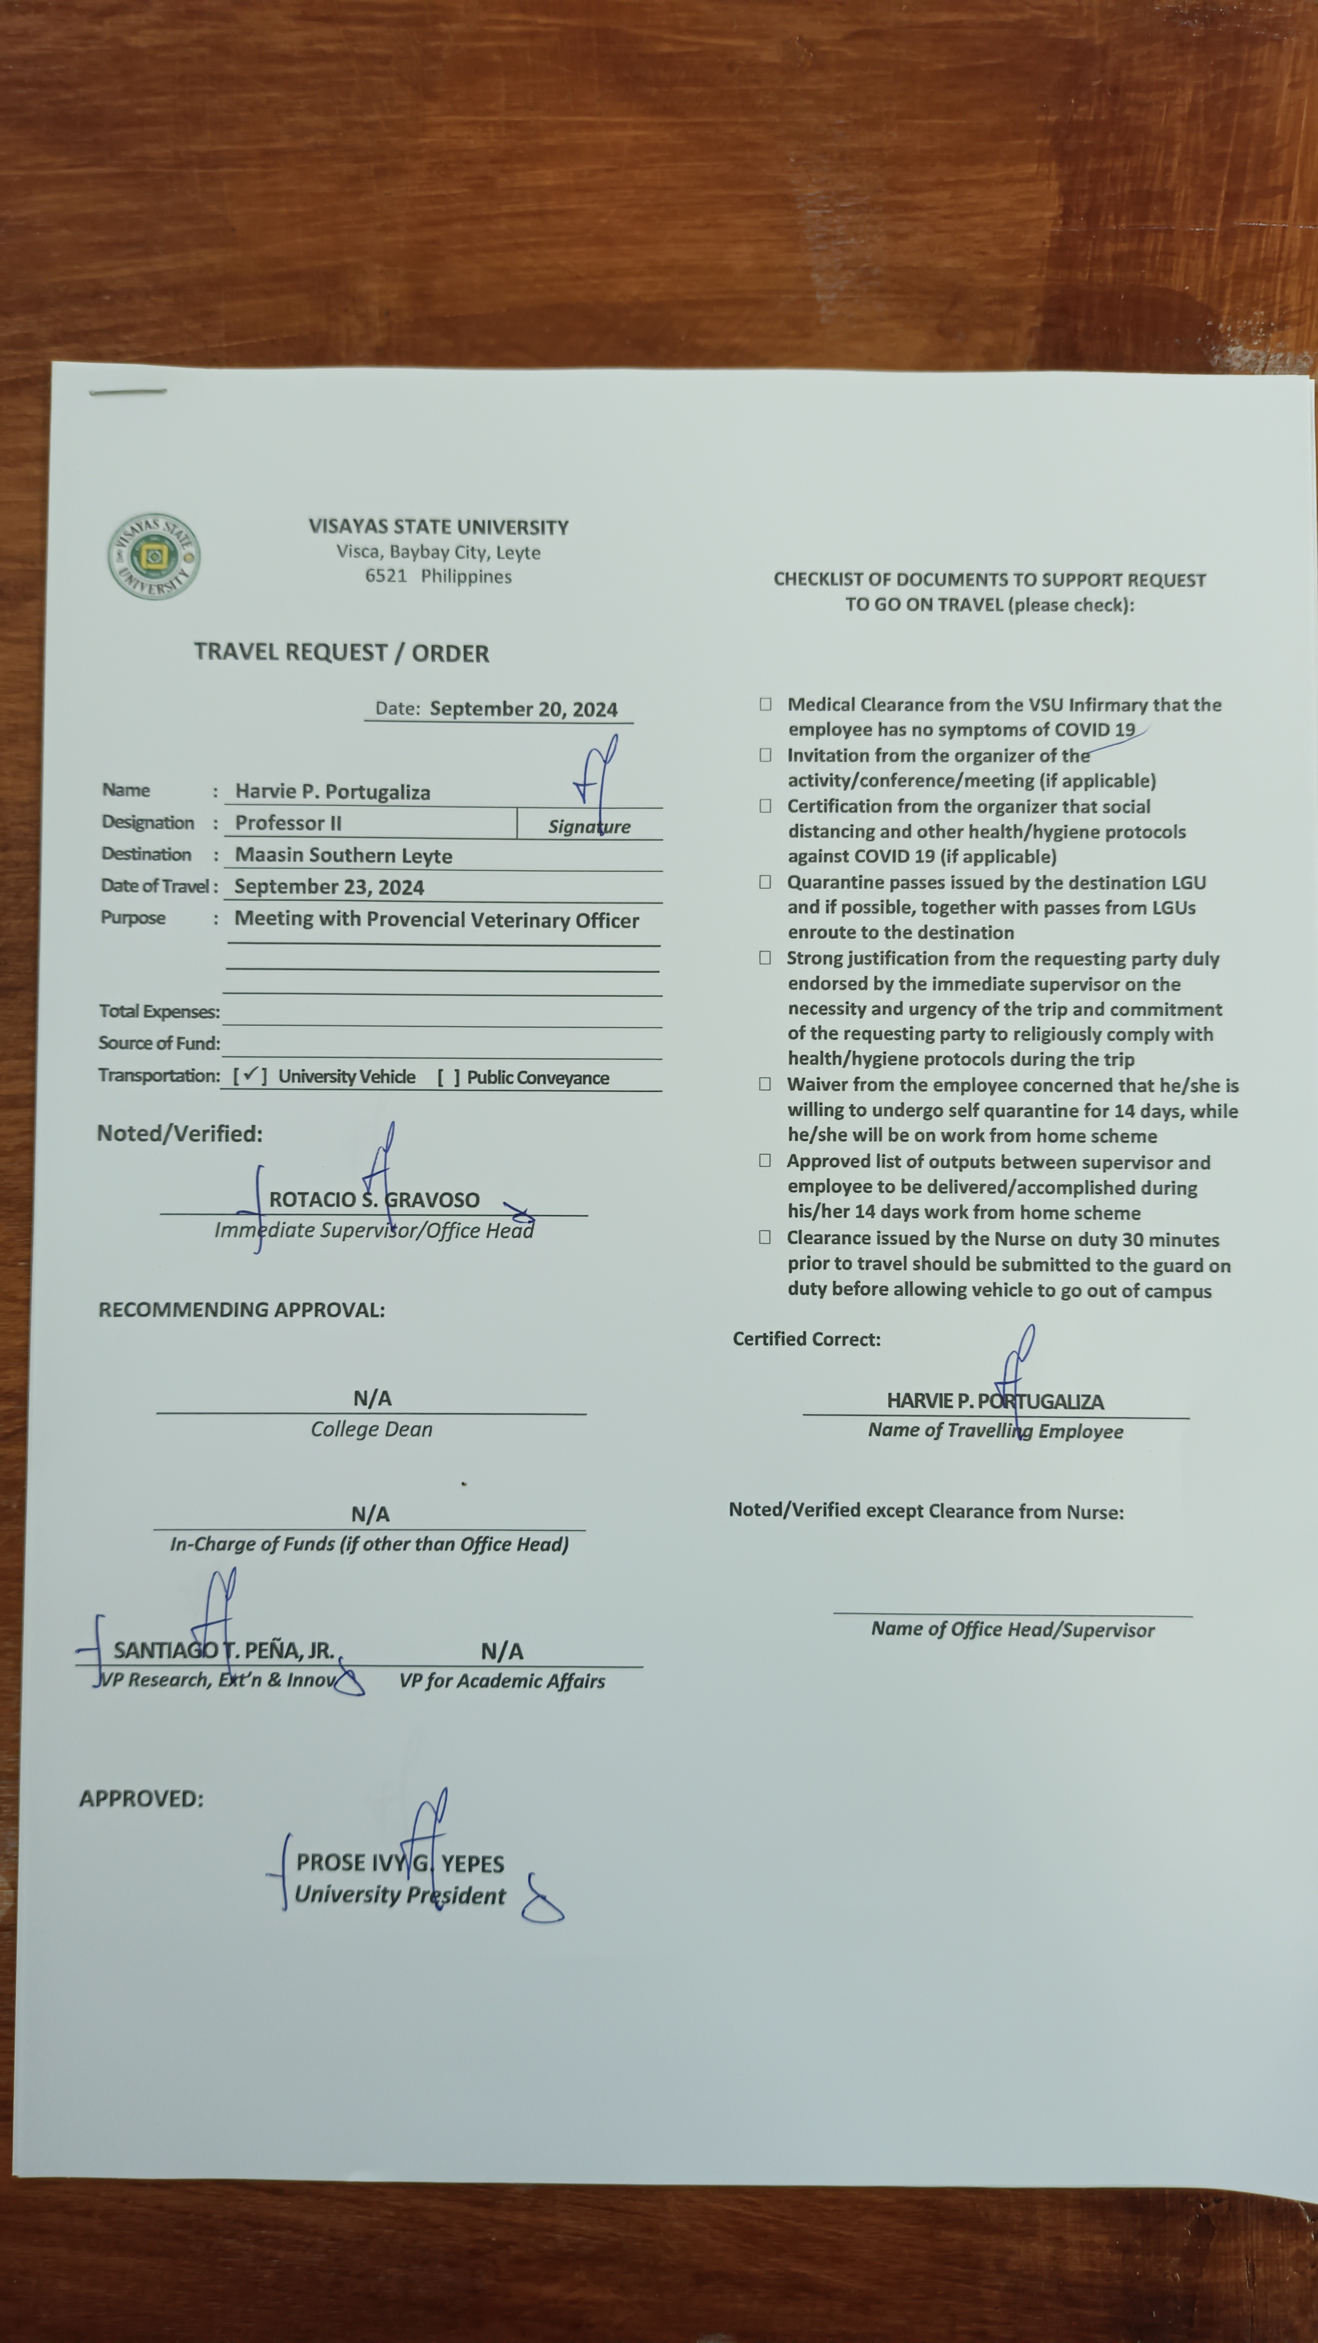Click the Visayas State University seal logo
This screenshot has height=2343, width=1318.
(154, 556)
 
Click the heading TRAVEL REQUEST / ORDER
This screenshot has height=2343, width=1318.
(341, 652)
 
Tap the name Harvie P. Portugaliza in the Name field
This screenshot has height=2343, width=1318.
(332, 791)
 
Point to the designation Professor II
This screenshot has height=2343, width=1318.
(288, 823)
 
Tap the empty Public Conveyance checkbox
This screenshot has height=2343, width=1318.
(447, 1077)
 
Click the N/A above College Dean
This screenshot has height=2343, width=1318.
(372, 1398)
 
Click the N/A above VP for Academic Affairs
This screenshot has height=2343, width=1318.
(501, 1651)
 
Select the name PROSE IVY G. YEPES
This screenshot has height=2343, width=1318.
(399, 1864)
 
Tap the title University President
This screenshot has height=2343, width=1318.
(399, 1896)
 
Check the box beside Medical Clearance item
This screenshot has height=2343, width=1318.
(766, 704)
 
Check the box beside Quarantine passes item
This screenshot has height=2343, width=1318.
(766, 881)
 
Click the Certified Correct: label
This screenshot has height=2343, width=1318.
(806, 1339)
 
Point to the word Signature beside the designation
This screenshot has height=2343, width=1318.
(588, 827)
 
